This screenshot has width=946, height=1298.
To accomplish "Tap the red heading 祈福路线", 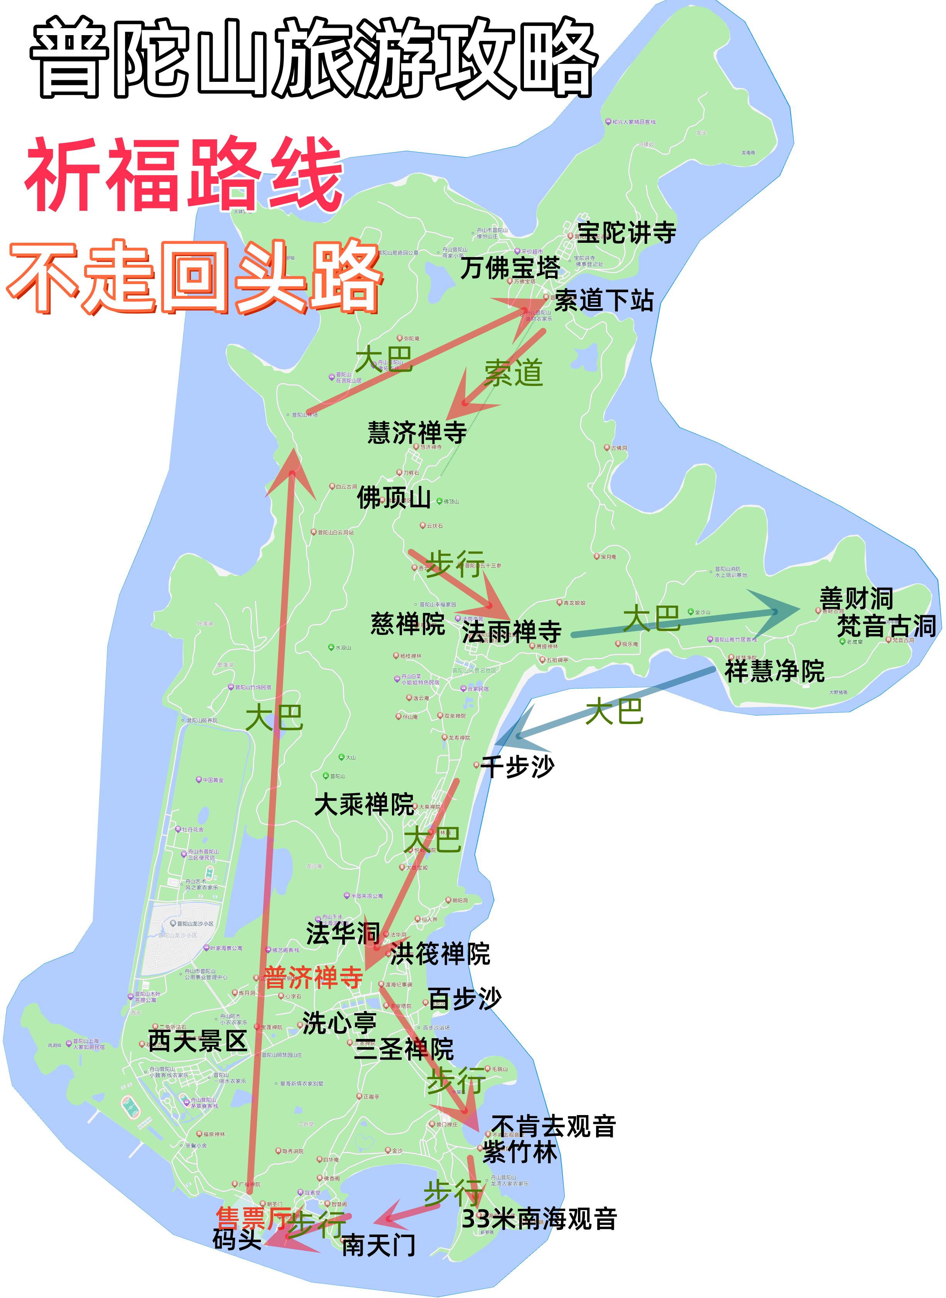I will coord(183,175).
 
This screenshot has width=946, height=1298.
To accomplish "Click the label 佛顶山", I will coord(394,497).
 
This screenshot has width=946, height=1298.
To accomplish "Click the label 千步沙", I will coord(518,767).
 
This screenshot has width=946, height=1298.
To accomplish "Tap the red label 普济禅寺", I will coord(313,977).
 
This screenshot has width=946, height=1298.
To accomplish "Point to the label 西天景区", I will coord(198,1041).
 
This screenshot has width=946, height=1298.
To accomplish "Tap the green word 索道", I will coord(513,373).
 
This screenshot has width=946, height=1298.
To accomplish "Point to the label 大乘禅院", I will coord(364,805).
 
